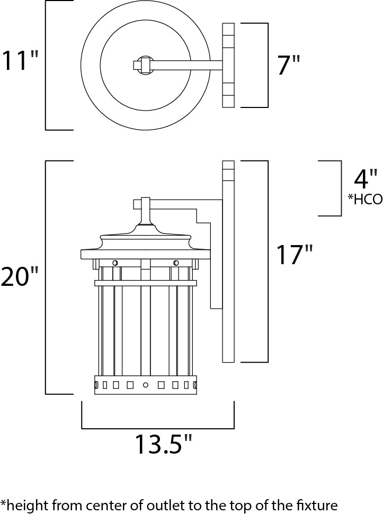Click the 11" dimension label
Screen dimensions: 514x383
[x=20, y=61]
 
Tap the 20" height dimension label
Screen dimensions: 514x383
[x=20, y=276]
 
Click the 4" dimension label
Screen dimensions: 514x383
[x=366, y=180]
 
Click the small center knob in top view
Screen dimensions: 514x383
[x=143, y=66]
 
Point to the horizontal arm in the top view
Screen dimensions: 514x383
[x=185, y=66]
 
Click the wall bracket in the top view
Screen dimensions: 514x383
[x=228, y=66]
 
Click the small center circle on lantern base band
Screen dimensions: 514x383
[x=145, y=384]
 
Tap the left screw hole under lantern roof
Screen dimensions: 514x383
[x=114, y=263]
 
